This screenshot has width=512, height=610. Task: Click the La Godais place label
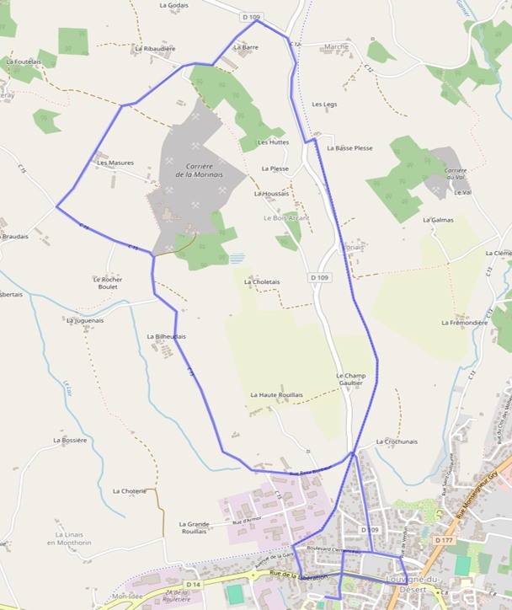pyautogui.click(x=173, y=5)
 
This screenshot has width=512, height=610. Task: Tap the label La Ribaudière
pyautogui.click(x=155, y=49)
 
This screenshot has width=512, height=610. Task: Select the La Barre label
pyautogui.click(x=246, y=48)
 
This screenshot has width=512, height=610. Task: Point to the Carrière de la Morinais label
pyautogui.click(x=199, y=170)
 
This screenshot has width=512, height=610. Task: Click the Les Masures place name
pyautogui.click(x=115, y=163)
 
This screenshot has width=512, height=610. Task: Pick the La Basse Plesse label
pyautogui.click(x=349, y=148)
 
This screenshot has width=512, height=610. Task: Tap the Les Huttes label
pyautogui.click(x=273, y=142)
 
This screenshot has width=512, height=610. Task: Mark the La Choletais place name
pyautogui.click(x=261, y=282)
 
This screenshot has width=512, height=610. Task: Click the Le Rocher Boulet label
pyautogui.click(x=108, y=283)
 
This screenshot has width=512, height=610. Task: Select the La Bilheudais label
pyautogui.click(x=167, y=337)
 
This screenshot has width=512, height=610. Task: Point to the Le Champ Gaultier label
pyautogui.click(x=350, y=379)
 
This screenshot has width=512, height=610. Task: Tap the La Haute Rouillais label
pyautogui.click(x=276, y=395)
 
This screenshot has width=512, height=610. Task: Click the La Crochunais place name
pyautogui.click(x=397, y=441)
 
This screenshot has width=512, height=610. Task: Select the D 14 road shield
pyautogui.click(x=192, y=584)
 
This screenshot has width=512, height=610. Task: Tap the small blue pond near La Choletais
pyautogui.click(x=237, y=259)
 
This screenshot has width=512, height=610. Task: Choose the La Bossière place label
pyautogui.click(x=70, y=440)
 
